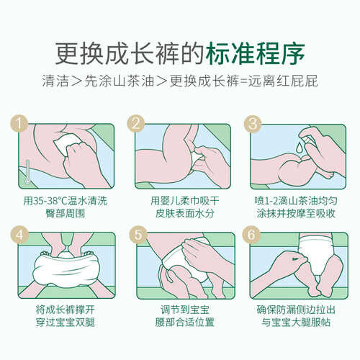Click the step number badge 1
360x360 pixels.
[x=19, y=123]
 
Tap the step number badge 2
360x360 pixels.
[x=136, y=123]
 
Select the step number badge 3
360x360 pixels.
[x=253, y=123]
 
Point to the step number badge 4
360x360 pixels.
[x=19, y=234]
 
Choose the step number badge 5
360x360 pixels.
[x=138, y=234]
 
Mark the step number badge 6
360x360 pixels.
[x=251, y=234]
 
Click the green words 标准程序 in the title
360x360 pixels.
[x=255, y=53]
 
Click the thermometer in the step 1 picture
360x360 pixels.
[x=28, y=172]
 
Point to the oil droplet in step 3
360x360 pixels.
[x=300, y=148]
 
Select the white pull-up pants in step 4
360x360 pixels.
[x=66, y=269]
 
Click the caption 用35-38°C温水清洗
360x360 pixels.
[x=65, y=201]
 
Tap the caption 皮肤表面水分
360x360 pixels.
[x=184, y=213]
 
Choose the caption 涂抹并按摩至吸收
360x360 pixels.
[x=296, y=213]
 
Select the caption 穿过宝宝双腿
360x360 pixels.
[x=66, y=322]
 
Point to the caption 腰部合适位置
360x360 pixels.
[x=184, y=322]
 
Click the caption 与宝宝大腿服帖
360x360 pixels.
[x=296, y=322]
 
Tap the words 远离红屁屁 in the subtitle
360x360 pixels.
[x=283, y=81]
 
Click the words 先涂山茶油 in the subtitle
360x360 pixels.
[x=120, y=81]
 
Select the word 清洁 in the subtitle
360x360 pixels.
[x=55, y=81]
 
